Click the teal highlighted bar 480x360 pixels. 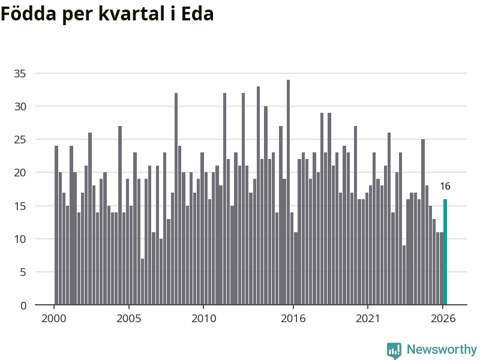pos(445,252)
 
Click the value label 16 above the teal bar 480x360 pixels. pos(445,186)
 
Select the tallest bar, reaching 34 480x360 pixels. pos(289,192)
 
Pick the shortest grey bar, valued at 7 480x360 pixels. pos(142,281)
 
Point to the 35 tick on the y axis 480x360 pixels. pos(20,73)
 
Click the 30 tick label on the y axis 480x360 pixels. pos(20,107)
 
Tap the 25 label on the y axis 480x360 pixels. pos(20,140)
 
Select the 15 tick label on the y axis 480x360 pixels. pos(20,206)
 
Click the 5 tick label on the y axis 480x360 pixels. pos(23,272)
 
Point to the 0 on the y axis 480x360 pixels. pos(23,305)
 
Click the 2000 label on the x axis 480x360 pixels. pos(54,319)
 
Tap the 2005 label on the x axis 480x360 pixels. pos(129,319)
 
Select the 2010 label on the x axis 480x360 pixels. pos(203,319)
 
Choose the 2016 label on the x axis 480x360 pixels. pos(293,319)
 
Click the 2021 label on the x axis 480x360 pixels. pos(368,319)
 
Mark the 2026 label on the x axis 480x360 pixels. pos(443,319)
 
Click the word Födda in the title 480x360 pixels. pos(28,14)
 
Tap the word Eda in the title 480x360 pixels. pos(197,14)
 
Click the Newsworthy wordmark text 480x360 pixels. pos(442,349)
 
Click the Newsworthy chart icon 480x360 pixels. pos(394,350)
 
